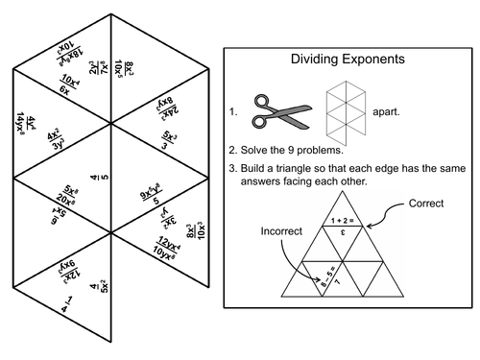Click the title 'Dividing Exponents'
(x=347, y=60)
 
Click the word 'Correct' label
(x=426, y=204)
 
